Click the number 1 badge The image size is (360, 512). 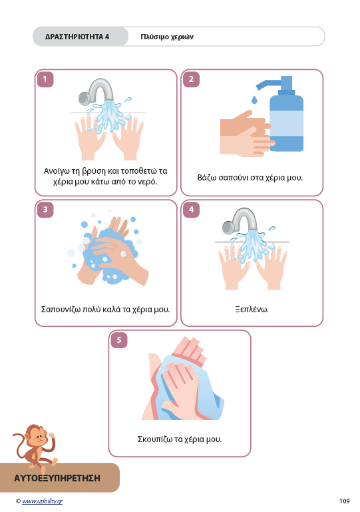click(45, 79)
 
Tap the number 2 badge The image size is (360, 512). click(191, 79)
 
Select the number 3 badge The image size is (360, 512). click(45, 210)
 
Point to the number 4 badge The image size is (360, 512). click(191, 210)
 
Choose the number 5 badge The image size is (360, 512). click(119, 340)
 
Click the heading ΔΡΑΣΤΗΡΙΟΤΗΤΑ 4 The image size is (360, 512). click(77, 37)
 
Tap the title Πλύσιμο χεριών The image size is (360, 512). click(167, 37)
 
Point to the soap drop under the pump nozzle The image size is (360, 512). click(254, 99)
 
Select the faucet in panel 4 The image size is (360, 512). click(240, 221)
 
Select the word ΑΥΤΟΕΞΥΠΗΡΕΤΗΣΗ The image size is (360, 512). click(57, 478)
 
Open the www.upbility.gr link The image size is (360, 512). click(42, 501)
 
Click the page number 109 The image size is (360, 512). click(344, 501)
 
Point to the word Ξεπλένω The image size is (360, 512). click(252, 309)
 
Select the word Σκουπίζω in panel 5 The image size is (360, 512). click(154, 439)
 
